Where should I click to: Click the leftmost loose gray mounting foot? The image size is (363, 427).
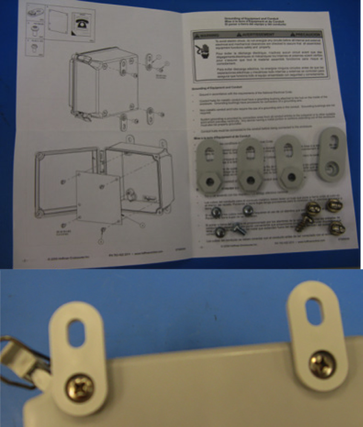point(210,166)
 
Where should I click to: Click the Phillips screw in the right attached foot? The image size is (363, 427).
point(323,364)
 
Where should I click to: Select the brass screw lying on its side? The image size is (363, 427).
point(304,222)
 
